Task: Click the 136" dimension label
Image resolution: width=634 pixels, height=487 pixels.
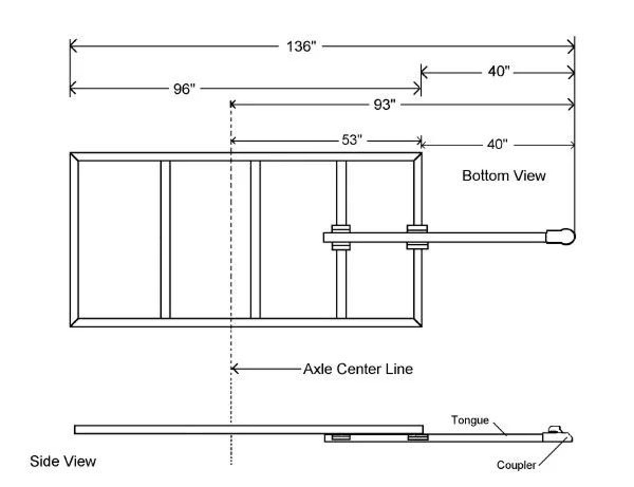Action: [301, 46]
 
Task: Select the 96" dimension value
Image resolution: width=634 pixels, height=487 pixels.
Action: [184, 89]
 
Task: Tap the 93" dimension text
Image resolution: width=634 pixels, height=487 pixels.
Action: [384, 105]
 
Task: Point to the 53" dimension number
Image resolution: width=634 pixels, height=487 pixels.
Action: [351, 140]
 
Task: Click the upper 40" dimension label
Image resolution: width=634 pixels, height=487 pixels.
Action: [499, 72]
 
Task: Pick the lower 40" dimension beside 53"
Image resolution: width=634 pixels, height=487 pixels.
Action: [497, 144]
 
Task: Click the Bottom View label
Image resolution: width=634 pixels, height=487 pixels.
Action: [503, 176]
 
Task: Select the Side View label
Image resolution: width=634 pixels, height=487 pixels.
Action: [63, 461]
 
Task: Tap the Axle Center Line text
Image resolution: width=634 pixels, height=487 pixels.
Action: [358, 368]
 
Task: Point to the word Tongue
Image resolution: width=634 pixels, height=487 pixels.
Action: [470, 420]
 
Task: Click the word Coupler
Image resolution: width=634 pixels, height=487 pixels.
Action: [516, 465]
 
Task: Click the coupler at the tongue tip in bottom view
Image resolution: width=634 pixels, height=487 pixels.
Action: [561, 237]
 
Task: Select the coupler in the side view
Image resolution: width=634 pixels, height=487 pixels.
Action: [557, 436]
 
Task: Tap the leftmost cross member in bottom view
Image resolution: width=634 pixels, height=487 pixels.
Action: [165, 240]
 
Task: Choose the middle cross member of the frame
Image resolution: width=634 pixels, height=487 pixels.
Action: [256, 240]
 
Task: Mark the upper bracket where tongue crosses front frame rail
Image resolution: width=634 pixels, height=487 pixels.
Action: [417, 228]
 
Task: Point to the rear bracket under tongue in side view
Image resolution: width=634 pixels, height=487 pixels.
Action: [341, 438]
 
